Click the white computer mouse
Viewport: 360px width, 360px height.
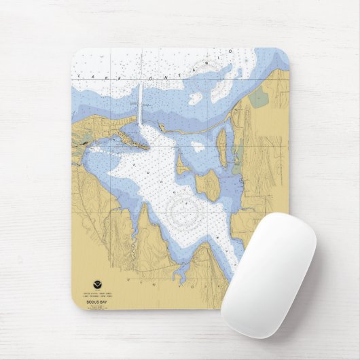(x=268, y=275)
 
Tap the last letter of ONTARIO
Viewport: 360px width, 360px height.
(x=231, y=52)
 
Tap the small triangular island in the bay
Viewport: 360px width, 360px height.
(x=182, y=164)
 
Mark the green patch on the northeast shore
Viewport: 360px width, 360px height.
(x=258, y=98)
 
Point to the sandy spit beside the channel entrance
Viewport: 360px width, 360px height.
(x=132, y=141)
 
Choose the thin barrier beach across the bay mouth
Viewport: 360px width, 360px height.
(x=197, y=128)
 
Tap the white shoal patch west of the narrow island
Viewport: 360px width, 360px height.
(x=198, y=146)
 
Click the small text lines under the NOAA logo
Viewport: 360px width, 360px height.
(x=96, y=293)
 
